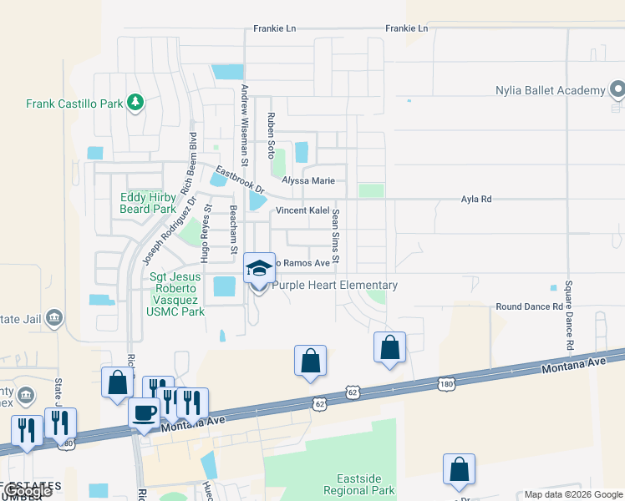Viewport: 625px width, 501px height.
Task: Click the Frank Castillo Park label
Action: point(74,104)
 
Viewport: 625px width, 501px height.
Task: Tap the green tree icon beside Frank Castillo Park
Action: point(135,104)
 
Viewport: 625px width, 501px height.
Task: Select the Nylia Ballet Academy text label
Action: point(550,90)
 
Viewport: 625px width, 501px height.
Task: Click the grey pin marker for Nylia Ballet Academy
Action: point(617,89)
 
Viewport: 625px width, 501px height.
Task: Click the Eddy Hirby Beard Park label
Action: point(148,203)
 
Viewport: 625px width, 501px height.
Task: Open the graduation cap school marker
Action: point(259,269)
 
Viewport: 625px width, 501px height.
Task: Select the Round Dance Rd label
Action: point(529,306)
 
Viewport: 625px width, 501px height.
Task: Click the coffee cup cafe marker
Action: point(145,413)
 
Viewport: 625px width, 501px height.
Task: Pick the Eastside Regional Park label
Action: point(365,484)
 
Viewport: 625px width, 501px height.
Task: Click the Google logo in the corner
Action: point(28,491)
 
